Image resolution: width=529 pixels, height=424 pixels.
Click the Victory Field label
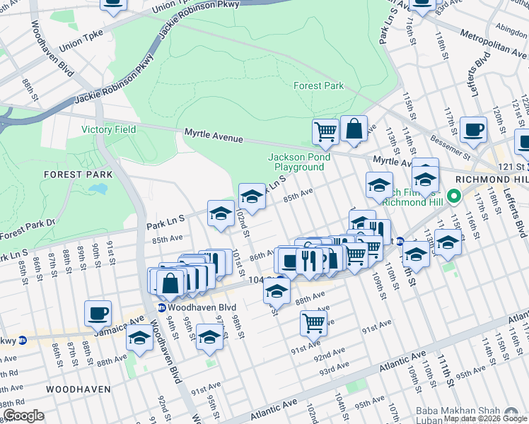(108, 129)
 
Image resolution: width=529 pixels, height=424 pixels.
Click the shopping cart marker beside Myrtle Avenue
(325, 130)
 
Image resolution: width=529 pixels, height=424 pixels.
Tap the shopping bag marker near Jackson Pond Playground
(354, 129)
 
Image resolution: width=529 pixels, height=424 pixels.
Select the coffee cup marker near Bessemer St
(473, 129)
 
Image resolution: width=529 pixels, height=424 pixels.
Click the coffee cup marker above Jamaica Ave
(98, 312)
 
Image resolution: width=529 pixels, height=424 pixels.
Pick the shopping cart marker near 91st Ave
(313, 322)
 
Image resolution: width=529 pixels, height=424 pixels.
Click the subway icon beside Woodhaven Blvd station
(161, 307)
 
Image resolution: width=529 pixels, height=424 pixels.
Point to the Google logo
(23, 416)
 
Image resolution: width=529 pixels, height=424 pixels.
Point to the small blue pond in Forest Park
(98, 190)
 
